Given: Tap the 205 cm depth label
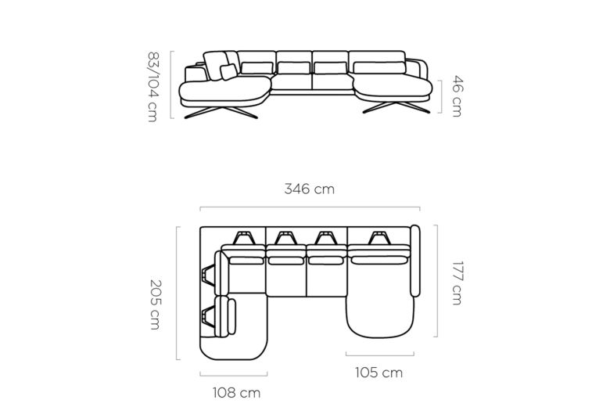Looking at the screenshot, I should (x=155, y=304).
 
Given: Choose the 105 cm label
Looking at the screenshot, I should (x=379, y=373).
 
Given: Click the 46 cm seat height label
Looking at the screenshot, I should (x=455, y=96).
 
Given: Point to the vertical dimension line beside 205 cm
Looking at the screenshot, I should (x=177, y=294).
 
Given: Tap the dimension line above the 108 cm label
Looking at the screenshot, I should (x=234, y=373).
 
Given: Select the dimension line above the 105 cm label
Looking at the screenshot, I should (x=380, y=355).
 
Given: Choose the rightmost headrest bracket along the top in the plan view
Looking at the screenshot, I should (x=380, y=236).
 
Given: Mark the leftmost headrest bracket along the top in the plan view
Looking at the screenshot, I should (x=243, y=236).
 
